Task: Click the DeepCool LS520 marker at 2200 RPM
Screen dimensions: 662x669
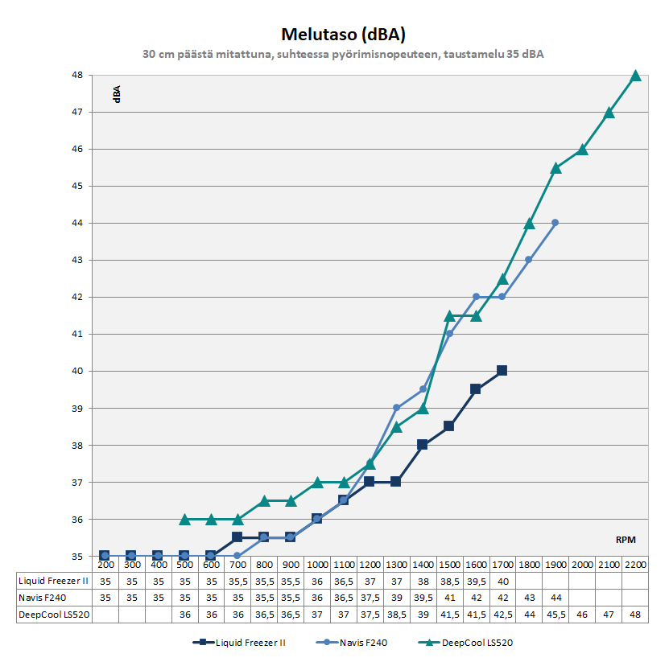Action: point(635,76)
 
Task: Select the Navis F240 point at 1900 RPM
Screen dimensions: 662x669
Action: point(555,223)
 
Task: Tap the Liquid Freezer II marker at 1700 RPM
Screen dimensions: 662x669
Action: point(502,371)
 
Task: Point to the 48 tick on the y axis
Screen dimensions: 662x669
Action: point(78,76)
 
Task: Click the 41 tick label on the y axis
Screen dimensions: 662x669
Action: point(78,334)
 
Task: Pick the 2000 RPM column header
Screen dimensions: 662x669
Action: point(582,565)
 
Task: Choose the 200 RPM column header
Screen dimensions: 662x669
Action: point(105,565)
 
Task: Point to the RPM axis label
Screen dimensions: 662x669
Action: point(627,540)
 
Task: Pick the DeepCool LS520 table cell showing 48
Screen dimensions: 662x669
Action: point(635,615)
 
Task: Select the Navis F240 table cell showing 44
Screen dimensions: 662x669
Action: point(555,598)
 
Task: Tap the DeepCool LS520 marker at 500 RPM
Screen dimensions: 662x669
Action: point(184,520)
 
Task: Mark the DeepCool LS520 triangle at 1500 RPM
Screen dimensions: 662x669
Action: point(449,316)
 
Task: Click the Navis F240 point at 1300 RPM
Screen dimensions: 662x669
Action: point(396,408)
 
